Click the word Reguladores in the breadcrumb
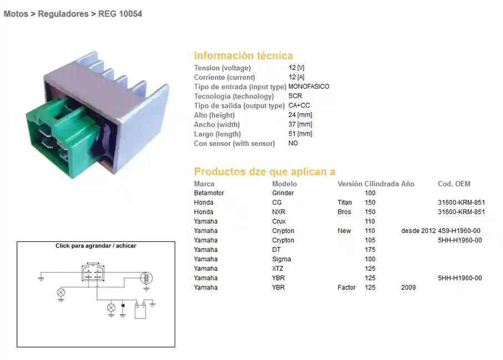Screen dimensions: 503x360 pos(63,14)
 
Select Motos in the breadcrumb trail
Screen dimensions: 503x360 pos(16,14)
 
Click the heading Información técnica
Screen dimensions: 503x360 pos(243,55)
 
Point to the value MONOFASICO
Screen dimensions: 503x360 pos(308,87)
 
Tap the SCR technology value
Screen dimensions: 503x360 pos(295,96)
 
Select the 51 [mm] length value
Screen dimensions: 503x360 pos(300,134)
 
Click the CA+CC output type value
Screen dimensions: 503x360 pos(299,105)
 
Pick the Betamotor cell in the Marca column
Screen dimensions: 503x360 pos(209,193)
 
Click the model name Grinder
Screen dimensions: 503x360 pos(283,193)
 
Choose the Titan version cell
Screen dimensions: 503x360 pos(344,202)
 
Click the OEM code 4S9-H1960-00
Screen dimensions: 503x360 pos(459,231)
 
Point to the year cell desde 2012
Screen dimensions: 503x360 pos(418,231)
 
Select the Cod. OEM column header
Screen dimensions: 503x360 pos(454,184)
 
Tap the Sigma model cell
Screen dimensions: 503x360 pos(282,259)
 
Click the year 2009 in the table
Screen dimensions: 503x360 pos(408,287)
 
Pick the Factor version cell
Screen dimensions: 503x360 pos(347,287)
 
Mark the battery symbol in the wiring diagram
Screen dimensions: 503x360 pos(140,311)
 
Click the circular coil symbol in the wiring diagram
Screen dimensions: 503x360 pos(146,278)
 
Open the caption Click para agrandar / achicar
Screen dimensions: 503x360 pos(96,246)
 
